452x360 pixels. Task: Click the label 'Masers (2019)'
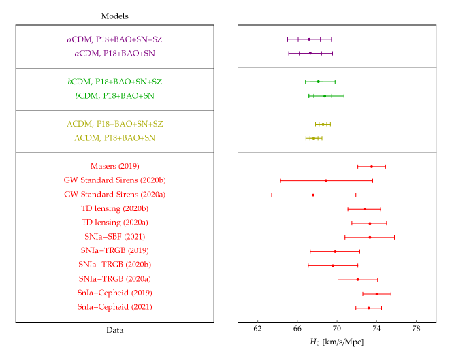[114, 166]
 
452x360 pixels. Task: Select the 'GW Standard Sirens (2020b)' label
[114, 180]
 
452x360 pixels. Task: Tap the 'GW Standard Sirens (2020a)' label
[114, 195]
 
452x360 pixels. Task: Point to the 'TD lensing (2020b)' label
[114, 208]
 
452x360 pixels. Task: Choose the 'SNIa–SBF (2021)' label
[114, 237]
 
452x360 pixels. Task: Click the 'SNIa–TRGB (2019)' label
[114, 251]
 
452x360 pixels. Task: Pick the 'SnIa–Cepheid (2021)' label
[114, 307]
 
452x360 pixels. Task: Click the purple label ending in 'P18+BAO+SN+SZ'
[114, 39]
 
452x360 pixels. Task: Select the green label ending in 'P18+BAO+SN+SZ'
[114, 82]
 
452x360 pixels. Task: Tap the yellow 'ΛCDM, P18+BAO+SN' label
[114, 138]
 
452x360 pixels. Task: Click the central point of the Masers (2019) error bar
[372, 166]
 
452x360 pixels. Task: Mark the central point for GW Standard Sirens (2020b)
[325, 180]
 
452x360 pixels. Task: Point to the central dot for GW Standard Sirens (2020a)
[313, 195]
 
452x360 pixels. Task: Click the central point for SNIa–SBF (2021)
[370, 237]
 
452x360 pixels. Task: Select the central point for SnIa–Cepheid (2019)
[376, 293]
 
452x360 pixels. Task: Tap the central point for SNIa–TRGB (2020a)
[357, 279]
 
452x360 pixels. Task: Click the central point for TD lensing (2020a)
[370, 223]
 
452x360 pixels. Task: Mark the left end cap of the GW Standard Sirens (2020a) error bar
[272, 195]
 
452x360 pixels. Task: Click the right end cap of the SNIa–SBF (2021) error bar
[394, 237]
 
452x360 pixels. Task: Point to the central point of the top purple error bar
[309, 39]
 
